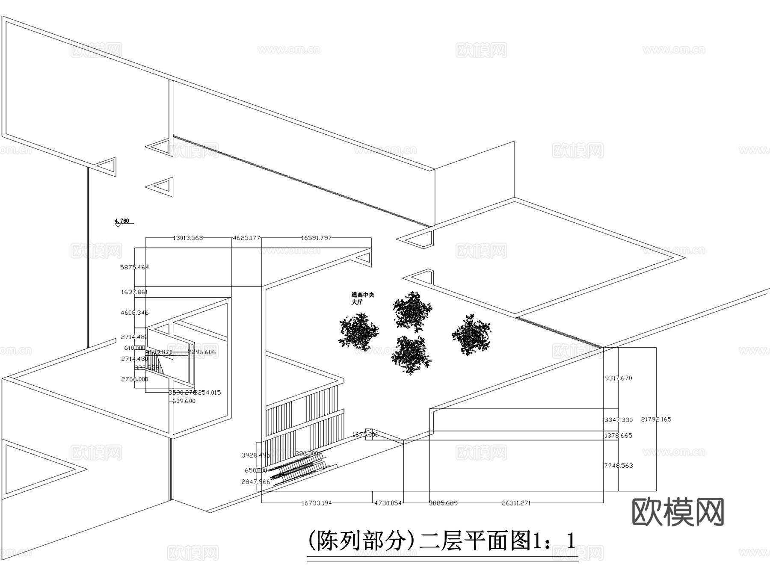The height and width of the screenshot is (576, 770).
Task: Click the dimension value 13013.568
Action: pyautogui.click(x=188, y=238)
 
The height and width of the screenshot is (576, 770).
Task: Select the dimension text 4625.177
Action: pyautogui.click(x=246, y=238)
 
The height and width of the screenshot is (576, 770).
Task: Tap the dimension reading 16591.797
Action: pyautogui.click(x=316, y=238)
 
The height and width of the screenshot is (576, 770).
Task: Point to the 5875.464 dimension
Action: pyautogui.click(x=134, y=267)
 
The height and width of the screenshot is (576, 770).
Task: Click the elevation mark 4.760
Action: pyautogui.click(x=122, y=221)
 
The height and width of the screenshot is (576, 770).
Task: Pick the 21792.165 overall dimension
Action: pyautogui.click(x=656, y=419)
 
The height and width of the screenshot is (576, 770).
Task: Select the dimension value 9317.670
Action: pyautogui.click(x=618, y=378)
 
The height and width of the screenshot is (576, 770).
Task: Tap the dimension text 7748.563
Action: pyautogui.click(x=618, y=465)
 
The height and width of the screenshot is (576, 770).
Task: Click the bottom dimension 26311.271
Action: pyautogui.click(x=516, y=503)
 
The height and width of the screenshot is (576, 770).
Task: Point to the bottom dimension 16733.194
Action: pyautogui.click(x=317, y=503)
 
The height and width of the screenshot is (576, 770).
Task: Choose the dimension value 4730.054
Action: pyautogui.click(x=388, y=503)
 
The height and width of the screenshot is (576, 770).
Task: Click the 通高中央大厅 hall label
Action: pyautogui.click(x=362, y=298)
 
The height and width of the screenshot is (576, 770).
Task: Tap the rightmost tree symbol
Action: pyautogui.click(x=471, y=334)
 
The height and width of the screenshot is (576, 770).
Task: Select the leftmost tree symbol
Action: pyautogui.click(x=358, y=332)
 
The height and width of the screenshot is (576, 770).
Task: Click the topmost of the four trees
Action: pyautogui.click(x=412, y=310)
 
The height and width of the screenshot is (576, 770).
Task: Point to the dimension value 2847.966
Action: pyautogui.click(x=256, y=481)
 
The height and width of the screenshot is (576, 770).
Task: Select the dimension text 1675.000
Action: pyautogui.click(x=365, y=434)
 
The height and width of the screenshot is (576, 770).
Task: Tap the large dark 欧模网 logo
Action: pyautogui.click(x=678, y=512)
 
